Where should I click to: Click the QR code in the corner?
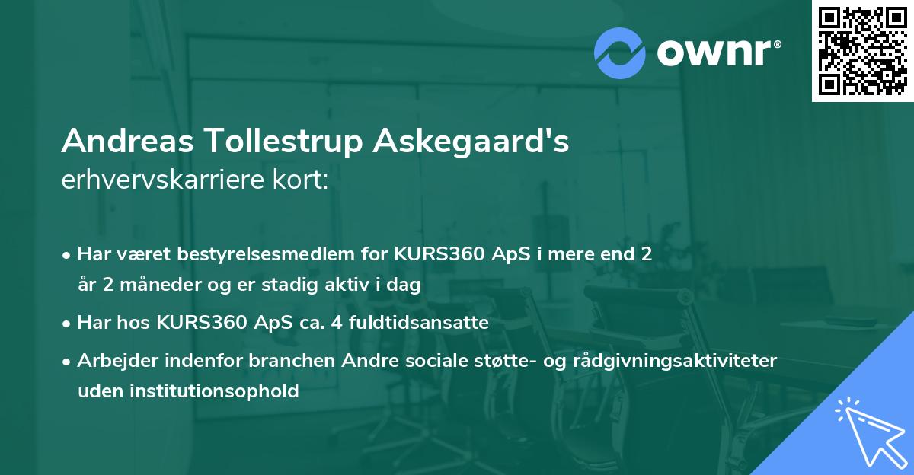coord(863,50)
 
